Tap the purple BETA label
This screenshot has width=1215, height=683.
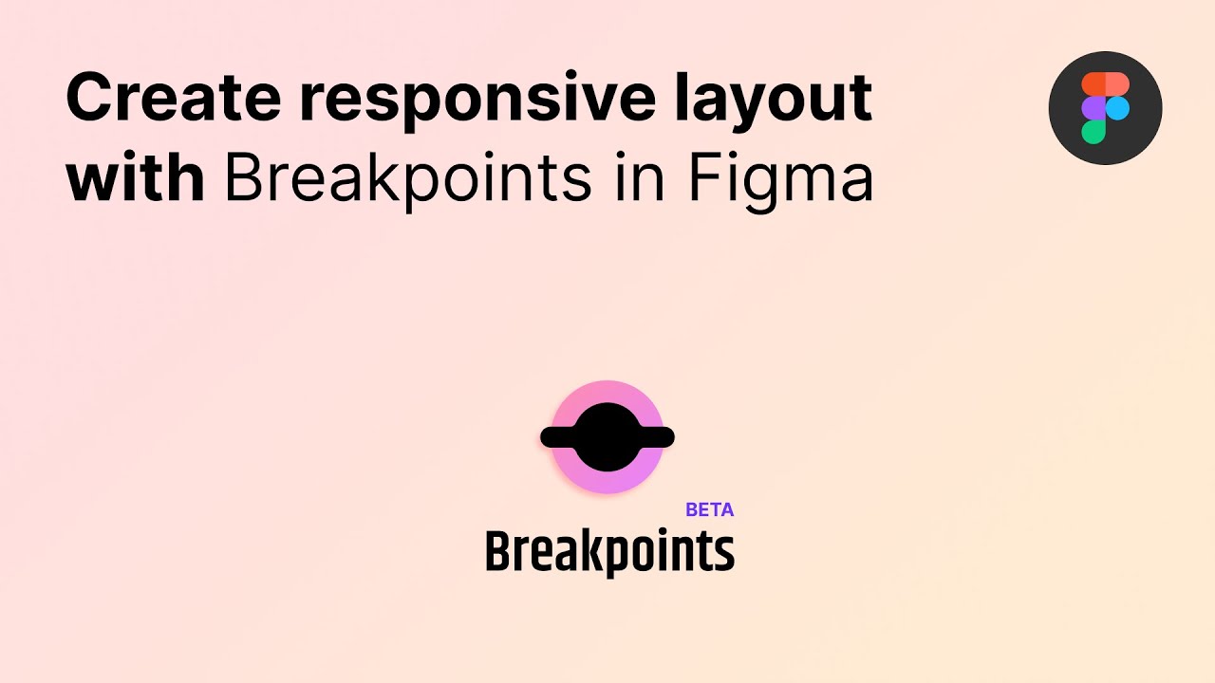tap(709, 509)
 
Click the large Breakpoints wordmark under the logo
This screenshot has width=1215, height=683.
tap(609, 551)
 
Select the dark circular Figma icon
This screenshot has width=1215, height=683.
tap(1105, 108)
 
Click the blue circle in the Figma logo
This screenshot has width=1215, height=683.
tap(1117, 108)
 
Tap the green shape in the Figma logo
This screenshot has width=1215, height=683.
tap(1093, 131)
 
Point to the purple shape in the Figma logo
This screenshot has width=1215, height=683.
tap(1093, 108)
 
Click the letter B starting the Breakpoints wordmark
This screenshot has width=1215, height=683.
tap(496, 551)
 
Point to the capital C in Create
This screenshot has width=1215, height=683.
tap(87, 98)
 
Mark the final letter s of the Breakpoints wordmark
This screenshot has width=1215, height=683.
tap(725, 553)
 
